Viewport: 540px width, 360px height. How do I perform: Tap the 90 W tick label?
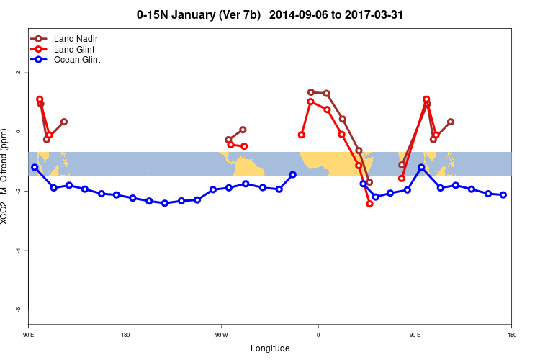coord(221,334)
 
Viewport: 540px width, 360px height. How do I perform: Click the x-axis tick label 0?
coord(318,334)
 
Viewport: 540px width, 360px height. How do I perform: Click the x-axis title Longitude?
coord(270,348)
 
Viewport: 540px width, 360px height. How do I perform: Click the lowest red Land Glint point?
coord(369,204)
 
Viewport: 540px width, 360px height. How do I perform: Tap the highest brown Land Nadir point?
coord(310,92)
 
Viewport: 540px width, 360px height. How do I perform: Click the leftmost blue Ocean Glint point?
coord(35,167)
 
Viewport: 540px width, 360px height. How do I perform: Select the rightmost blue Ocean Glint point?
coord(503,195)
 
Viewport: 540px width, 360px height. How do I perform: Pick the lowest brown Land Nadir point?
coord(369,182)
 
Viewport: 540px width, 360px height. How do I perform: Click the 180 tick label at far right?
coord(511,334)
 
